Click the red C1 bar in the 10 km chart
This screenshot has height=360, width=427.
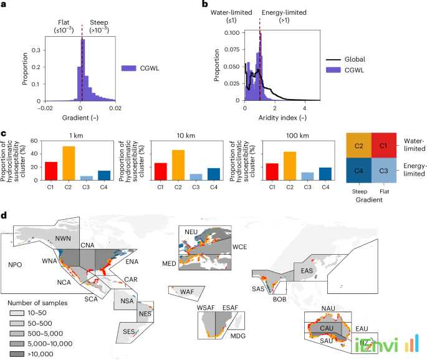[160, 173]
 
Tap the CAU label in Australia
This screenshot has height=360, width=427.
[327, 327]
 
